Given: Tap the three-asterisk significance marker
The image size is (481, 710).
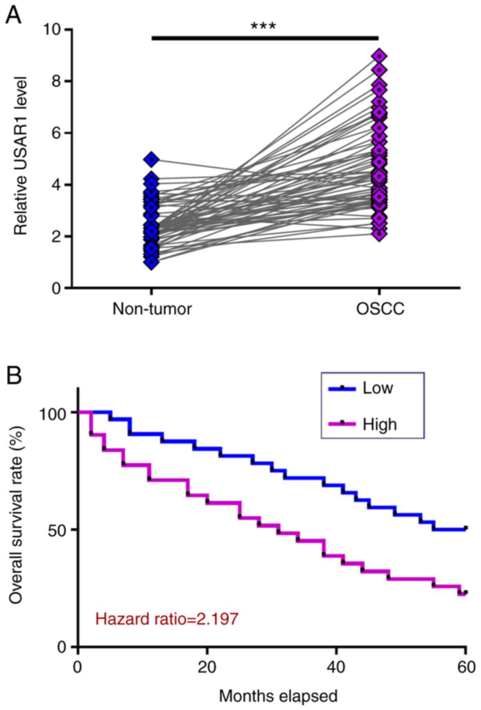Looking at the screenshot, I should point(263,27).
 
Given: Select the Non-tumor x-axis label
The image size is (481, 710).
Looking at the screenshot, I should point(152,309).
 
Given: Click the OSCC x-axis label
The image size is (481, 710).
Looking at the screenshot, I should point(380,309).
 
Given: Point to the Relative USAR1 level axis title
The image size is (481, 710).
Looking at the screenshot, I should point(21,156).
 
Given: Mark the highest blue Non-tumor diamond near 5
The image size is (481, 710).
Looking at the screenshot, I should point(151,160).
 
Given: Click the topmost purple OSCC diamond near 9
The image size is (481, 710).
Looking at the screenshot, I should point(380,56).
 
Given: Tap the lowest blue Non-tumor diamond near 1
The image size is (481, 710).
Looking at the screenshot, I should point(151,262).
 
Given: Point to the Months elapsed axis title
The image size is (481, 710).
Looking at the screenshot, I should point(278,696).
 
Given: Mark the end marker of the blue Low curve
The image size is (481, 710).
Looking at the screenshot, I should point(465,528).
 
